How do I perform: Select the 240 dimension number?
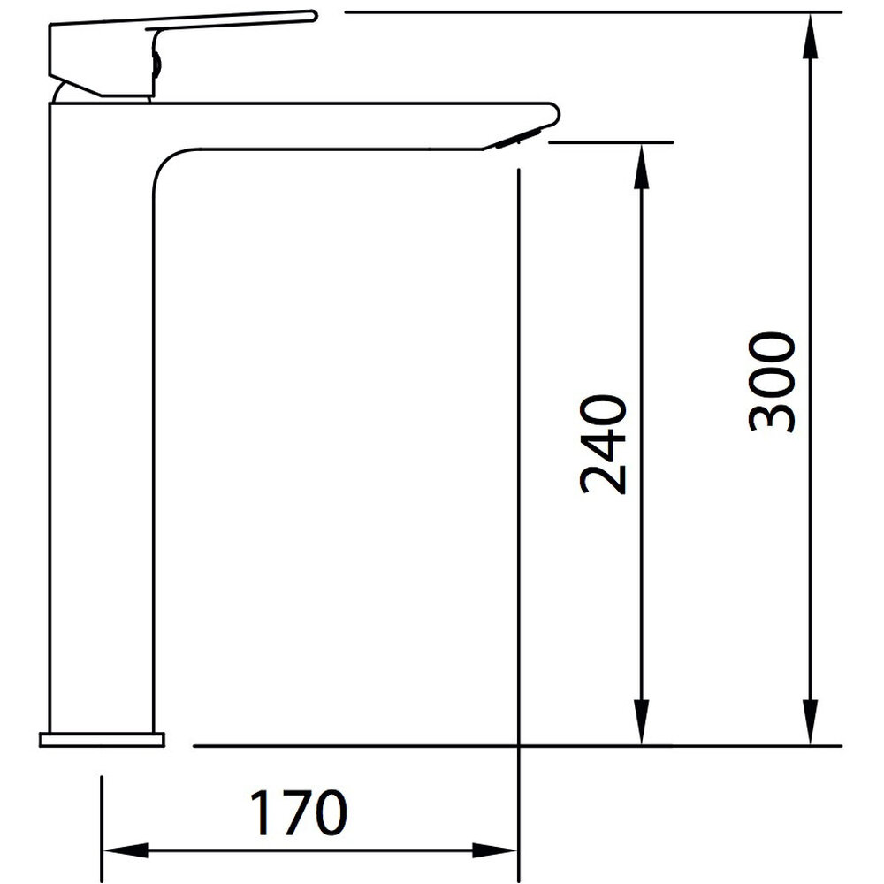coord(603,445)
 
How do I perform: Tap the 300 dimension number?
coord(772,382)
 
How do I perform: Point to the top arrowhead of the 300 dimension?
coord(810,35)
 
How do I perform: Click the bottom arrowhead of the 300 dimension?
coord(810,722)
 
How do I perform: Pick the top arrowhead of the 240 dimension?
coord(641,166)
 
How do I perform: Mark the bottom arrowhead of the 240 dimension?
coord(641,722)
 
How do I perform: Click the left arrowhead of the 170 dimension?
coord(126,850)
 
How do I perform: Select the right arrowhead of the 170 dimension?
coord(494,850)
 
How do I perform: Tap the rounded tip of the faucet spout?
coord(552,114)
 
